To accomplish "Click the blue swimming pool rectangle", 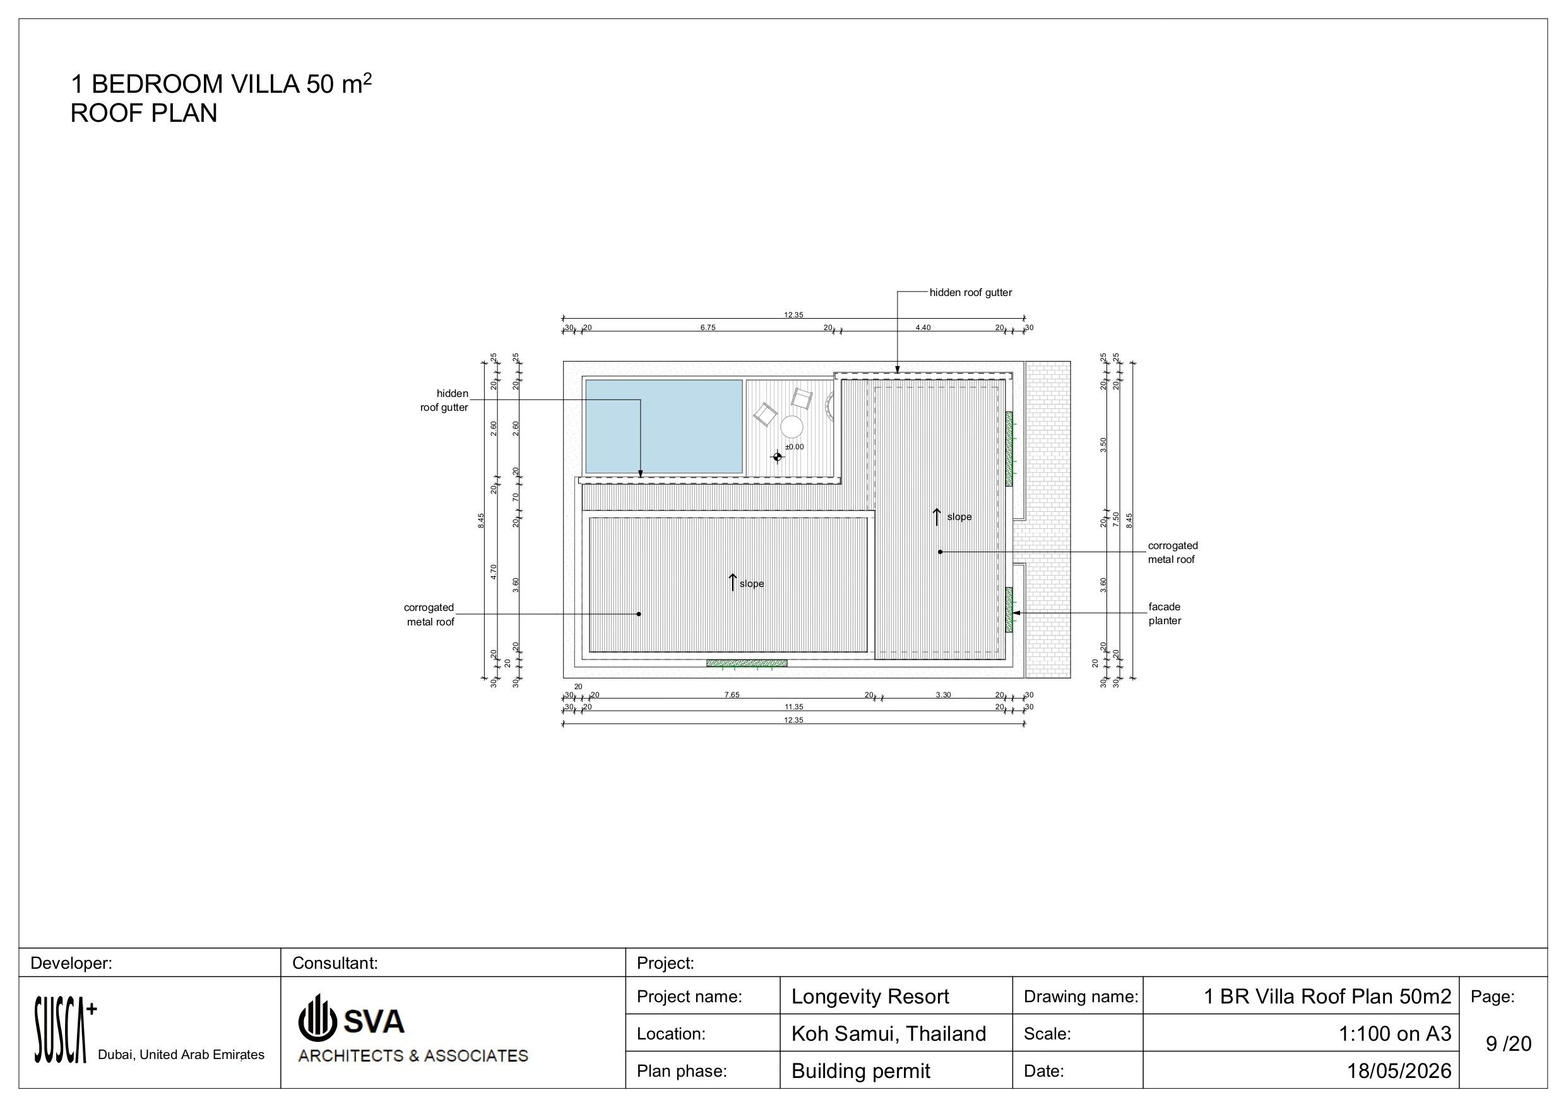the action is tap(663, 426).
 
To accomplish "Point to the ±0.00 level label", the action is tap(794, 447).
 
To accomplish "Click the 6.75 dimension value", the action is tap(708, 328).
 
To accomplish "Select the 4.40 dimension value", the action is tap(923, 328).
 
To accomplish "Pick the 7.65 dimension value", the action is tap(732, 695).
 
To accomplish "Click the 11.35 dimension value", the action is tap(794, 707).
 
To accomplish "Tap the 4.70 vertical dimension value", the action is tap(493, 572).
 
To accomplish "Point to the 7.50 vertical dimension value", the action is tap(1116, 519).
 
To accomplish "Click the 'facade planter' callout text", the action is tap(1165, 614).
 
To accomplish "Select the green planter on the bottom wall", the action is tap(747, 663).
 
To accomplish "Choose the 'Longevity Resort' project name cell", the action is tap(870, 997).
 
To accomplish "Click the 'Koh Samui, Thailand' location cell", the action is tap(888, 1034).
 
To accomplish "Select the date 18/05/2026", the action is tap(1399, 1071).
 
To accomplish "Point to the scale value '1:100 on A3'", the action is tap(1395, 1034).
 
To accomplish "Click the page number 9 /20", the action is tap(1509, 1043).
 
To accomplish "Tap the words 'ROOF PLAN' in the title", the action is tap(144, 113).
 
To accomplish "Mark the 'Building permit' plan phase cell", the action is tap(860, 1071).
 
